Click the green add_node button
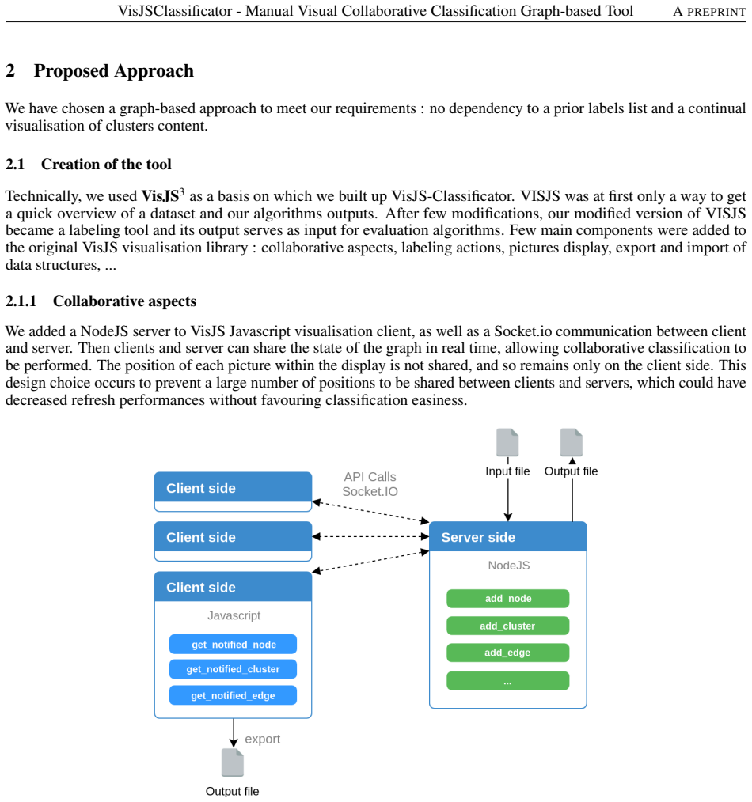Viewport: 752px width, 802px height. [x=507, y=599]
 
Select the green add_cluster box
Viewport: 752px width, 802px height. [x=507, y=626]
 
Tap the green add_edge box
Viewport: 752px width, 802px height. [x=507, y=653]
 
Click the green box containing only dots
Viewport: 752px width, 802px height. [x=507, y=681]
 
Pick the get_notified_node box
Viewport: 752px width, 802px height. [x=233, y=645]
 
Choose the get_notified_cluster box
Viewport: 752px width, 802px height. [x=233, y=669]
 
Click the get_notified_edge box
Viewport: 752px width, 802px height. [x=233, y=695]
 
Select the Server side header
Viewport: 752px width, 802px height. [x=508, y=537]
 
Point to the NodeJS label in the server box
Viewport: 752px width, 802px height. [x=509, y=566]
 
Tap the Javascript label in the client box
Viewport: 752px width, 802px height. [x=234, y=615]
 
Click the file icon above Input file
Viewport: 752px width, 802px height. [x=507, y=442]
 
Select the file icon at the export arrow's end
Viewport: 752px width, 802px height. [x=233, y=762]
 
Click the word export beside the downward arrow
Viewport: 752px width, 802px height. [x=263, y=739]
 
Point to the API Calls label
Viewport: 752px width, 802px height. [x=370, y=477]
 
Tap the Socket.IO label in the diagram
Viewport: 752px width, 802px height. [x=370, y=491]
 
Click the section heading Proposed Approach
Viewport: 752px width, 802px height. [x=114, y=71]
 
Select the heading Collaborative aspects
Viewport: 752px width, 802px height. [x=125, y=301]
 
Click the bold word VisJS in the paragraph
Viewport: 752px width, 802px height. [x=160, y=196]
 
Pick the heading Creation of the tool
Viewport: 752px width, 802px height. [x=107, y=165]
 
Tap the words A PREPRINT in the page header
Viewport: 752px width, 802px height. [x=709, y=11]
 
